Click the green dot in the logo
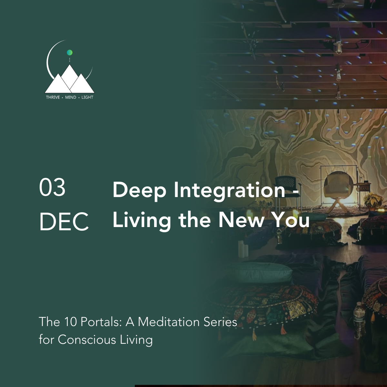(x=69, y=53)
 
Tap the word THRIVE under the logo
(x=53, y=97)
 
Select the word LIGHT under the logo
(x=87, y=97)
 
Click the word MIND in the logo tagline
(x=71, y=97)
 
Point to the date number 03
(x=52, y=188)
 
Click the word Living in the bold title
(x=142, y=221)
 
